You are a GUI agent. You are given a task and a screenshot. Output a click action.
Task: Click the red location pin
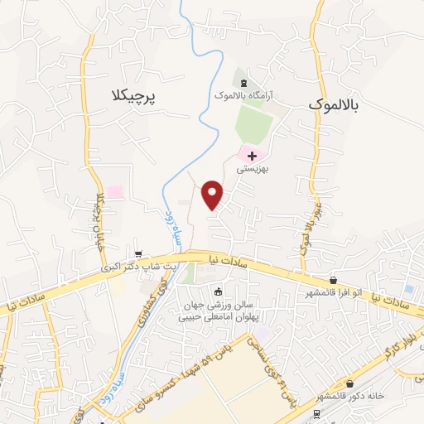(214, 195)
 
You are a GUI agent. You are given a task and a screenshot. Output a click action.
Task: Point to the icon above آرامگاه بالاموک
(243, 83)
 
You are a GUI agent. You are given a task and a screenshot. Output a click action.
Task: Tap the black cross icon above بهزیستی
(252, 155)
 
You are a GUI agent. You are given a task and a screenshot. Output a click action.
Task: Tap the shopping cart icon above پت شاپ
(138, 255)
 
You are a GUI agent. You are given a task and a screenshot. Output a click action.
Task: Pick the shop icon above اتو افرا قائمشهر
(333, 280)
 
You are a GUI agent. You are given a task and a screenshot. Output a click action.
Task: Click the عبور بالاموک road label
(314, 219)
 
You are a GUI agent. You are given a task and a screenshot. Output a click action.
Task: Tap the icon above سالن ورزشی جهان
(218, 291)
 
